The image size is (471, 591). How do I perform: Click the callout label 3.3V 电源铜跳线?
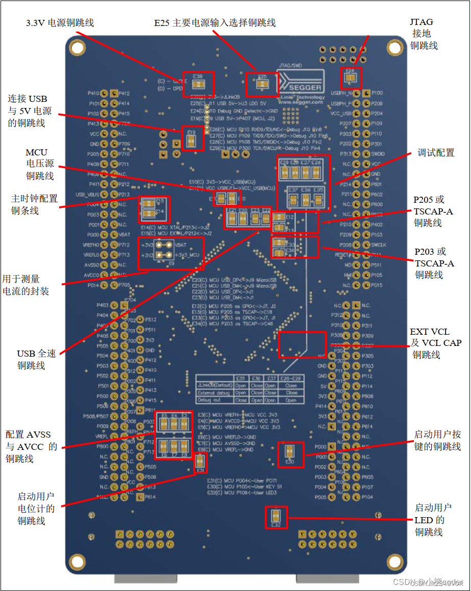[60, 23]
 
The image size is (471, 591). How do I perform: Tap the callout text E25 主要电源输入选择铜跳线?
[215, 23]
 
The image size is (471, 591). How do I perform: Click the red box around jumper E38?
[198, 84]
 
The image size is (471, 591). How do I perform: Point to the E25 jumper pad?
[262, 85]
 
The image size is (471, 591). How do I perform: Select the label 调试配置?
[436, 153]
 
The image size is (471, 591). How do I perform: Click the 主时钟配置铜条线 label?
[34, 204]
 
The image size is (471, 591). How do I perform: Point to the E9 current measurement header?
[164, 249]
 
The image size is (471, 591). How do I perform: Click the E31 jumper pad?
[200, 463]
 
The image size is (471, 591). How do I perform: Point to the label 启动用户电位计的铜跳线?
[35, 508]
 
